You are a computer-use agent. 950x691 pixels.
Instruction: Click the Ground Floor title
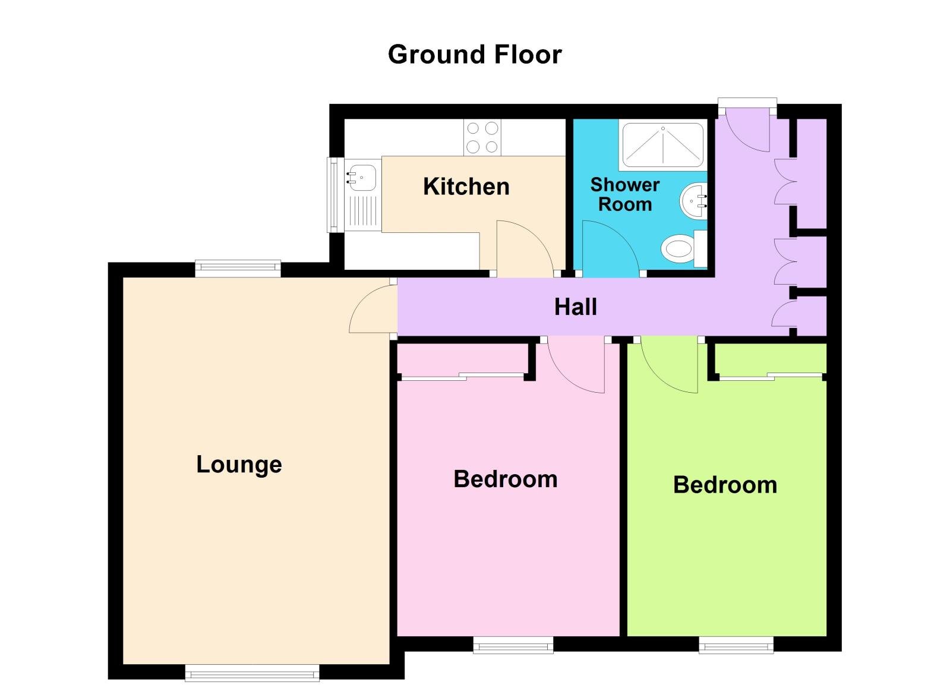(x=474, y=55)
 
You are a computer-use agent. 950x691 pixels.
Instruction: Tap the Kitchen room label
(x=466, y=187)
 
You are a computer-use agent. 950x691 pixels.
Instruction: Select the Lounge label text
(x=239, y=465)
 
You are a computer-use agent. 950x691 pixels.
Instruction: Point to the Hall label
(x=575, y=307)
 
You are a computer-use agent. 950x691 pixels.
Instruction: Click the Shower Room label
(x=624, y=194)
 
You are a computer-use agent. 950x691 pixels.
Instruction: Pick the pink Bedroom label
(x=505, y=479)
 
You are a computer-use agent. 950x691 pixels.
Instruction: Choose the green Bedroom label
(x=725, y=485)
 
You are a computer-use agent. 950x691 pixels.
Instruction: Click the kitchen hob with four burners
(x=482, y=137)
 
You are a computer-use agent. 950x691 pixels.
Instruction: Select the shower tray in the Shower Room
(x=662, y=145)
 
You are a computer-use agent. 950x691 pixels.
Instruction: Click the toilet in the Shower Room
(x=680, y=248)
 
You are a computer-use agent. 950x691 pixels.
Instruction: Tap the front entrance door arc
(x=746, y=130)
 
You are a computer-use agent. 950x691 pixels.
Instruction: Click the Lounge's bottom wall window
(x=252, y=673)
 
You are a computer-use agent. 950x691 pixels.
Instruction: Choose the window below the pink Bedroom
(x=513, y=645)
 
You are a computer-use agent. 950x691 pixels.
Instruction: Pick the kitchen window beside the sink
(x=333, y=194)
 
